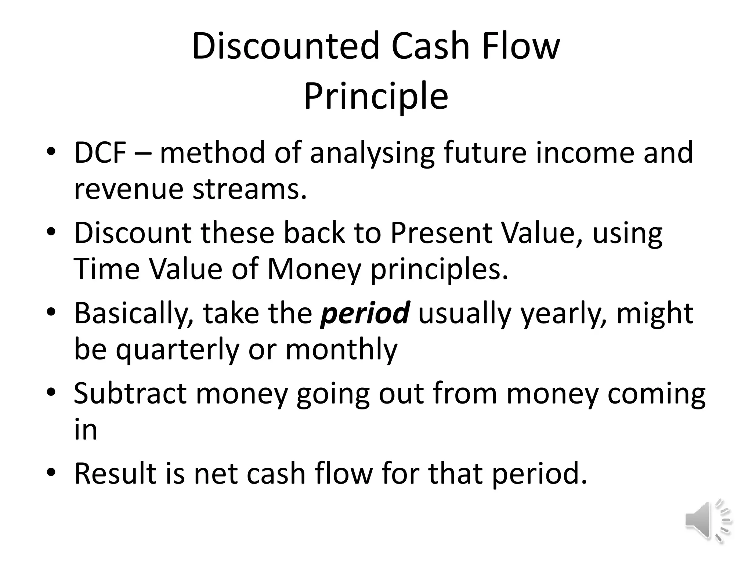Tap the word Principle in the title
[x=376, y=96]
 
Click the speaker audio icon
[x=707, y=521]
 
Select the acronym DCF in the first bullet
[x=100, y=153]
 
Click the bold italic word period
[x=365, y=313]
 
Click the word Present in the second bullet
[x=441, y=233]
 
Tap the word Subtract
[x=130, y=393]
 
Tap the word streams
[x=250, y=189]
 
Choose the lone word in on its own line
[x=86, y=430]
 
